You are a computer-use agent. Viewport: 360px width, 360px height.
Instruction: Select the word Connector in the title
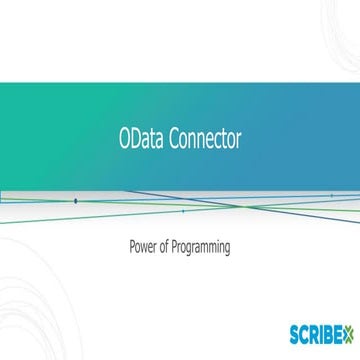click(x=205, y=140)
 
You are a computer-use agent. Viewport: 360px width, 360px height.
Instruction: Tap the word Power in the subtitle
click(x=144, y=245)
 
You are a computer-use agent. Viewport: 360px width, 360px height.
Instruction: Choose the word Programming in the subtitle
click(x=203, y=246)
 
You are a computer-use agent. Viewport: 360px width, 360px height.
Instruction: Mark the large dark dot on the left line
click(x=75, y=201)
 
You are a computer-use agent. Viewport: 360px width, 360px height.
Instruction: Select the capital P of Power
click(x=133, y=245)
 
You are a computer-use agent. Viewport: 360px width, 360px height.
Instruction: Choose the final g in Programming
click(x=227, y=247)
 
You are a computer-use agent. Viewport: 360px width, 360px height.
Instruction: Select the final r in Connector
click(x=238, y=141)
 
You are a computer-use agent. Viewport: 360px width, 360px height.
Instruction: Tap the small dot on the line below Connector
click(x=182, y=211)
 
